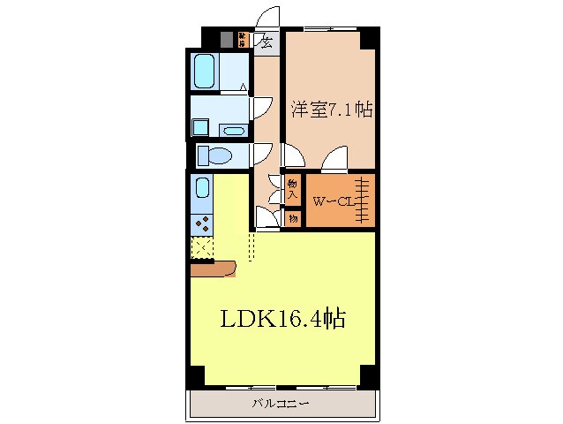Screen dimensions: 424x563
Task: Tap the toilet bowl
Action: tap(213, 155)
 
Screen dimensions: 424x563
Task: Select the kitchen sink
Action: tap(202, 188)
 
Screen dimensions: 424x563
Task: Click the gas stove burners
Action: tap(202, 222)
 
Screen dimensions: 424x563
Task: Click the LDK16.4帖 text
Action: tap(282, 319)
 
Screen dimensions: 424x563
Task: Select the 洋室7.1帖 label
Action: tap(331, 110)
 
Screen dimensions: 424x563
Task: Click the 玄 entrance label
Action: tap(265, 40)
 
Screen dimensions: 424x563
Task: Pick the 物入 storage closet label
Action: tap(293, 188)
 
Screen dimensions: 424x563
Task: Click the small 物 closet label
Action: tap(293, 216)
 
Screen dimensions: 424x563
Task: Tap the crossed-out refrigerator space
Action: tap(202, 248)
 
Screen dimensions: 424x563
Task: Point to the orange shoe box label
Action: tap(243, 39)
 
